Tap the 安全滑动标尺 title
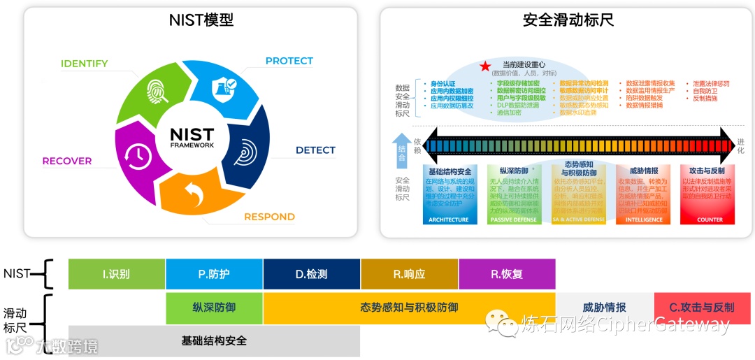pos(568,20)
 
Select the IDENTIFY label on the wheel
pos(84,64)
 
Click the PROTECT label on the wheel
pos(289,61)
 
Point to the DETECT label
pos(315,150)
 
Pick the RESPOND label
pos(269,217)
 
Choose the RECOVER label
pos(67,161)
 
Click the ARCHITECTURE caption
pos(449,219)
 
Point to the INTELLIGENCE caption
pos(644,219)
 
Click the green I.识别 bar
pos(117,274)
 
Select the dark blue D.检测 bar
pos(312,274)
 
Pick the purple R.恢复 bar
pos(507,274)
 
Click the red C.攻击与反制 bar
pos(702,307)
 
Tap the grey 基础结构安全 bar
pos(214,341)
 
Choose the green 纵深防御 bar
pos(214,307)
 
